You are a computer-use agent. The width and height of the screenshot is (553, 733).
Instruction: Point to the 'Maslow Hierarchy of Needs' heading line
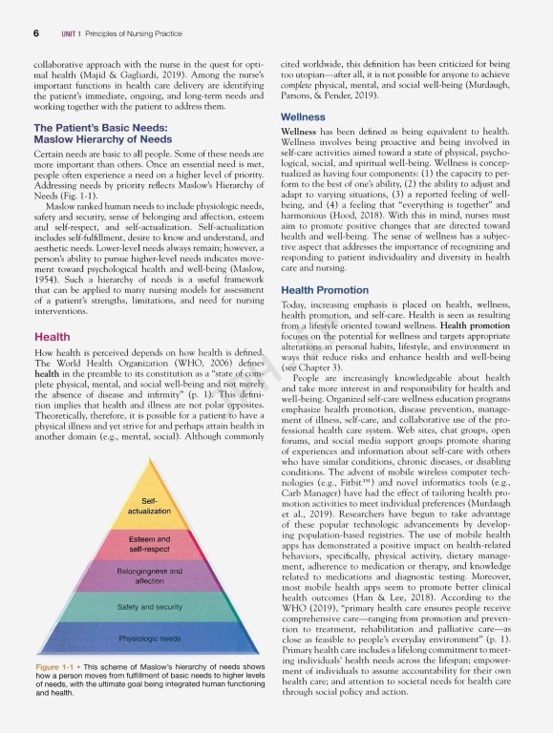(102, 139)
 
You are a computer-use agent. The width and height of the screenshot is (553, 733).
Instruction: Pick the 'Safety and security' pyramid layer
(149, 607)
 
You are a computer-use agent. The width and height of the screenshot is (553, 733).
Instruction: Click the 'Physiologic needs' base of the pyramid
(149, 638)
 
